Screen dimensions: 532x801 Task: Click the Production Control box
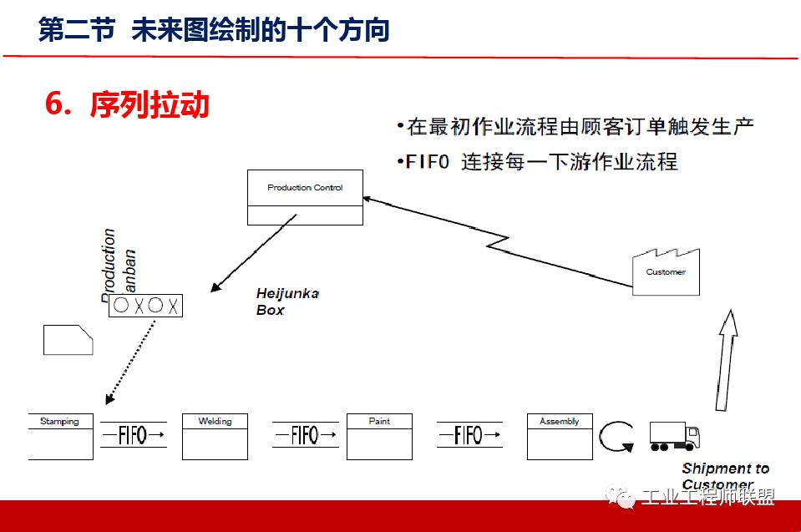pos(305,196)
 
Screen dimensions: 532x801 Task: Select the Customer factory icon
pos(666,269)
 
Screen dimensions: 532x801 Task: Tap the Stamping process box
pos(60,436)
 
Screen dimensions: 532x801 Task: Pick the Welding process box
pos(215,436)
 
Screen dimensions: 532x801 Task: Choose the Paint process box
pos(379,436)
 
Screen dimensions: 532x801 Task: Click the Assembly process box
pos(560,436)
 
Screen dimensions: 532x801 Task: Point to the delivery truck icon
pos(673,436)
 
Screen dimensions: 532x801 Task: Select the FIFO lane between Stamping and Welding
pos(134,435)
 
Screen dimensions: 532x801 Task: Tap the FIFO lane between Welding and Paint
pos(306,435)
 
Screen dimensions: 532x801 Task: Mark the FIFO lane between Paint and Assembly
pos(469,435)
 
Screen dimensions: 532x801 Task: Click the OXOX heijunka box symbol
pos(146,306)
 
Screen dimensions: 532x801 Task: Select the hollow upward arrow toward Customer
pos(726,359)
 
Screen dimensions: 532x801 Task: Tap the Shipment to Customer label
pos(724,476)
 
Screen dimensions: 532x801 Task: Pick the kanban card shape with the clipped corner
pos(68,340)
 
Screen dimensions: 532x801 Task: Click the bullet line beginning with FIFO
pos(538,161)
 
